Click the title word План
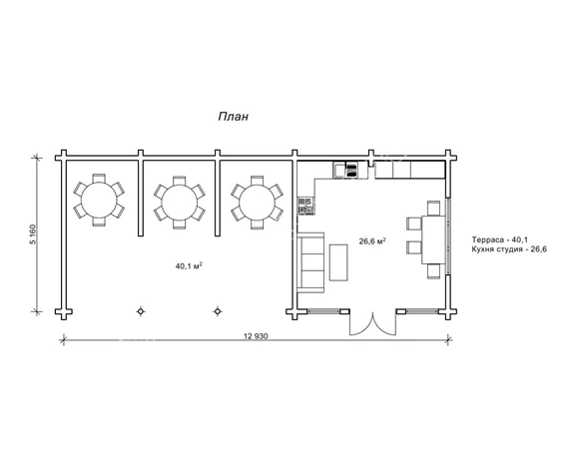[234, 117]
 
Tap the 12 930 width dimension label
[256, 336]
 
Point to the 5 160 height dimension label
[33, 234]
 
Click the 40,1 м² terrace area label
[189, 266]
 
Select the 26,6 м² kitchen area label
[372, 241]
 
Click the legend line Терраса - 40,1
[500, 239]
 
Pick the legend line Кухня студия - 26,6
[509, 249]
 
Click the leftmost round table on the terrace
[99, 201]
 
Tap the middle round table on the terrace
[180, 203]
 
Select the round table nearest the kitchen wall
[257, 203]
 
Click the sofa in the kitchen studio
[310, 262]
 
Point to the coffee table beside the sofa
[338, 262]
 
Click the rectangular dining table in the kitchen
[433, 240]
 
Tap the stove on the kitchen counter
[305, 206]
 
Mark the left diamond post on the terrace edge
[140, 311]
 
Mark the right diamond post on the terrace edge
[218, 311]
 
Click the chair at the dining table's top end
[433, 209]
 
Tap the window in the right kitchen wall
[448, 235]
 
